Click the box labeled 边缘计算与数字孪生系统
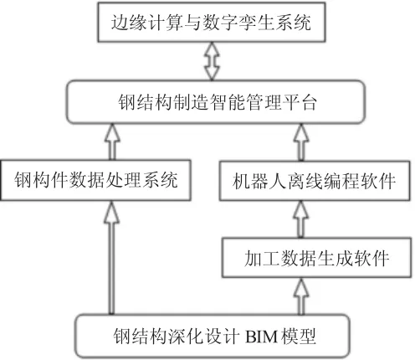(212, 23)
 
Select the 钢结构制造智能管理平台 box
(216, 102)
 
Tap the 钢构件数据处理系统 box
(95, 180)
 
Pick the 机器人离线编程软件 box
(315, 181)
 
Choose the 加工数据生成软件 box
(316, 258)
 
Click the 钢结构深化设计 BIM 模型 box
(213, 336)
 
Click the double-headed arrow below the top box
(212, 61)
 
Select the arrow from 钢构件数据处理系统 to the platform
(112, 141)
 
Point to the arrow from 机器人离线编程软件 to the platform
(301, 142)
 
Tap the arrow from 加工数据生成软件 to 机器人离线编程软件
(300, 219)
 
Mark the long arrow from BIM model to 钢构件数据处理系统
(111, 258)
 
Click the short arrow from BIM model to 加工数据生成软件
(301, 296)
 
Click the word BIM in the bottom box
(261, 337)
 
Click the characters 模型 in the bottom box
(299, 336)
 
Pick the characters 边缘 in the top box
(129, 23)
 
